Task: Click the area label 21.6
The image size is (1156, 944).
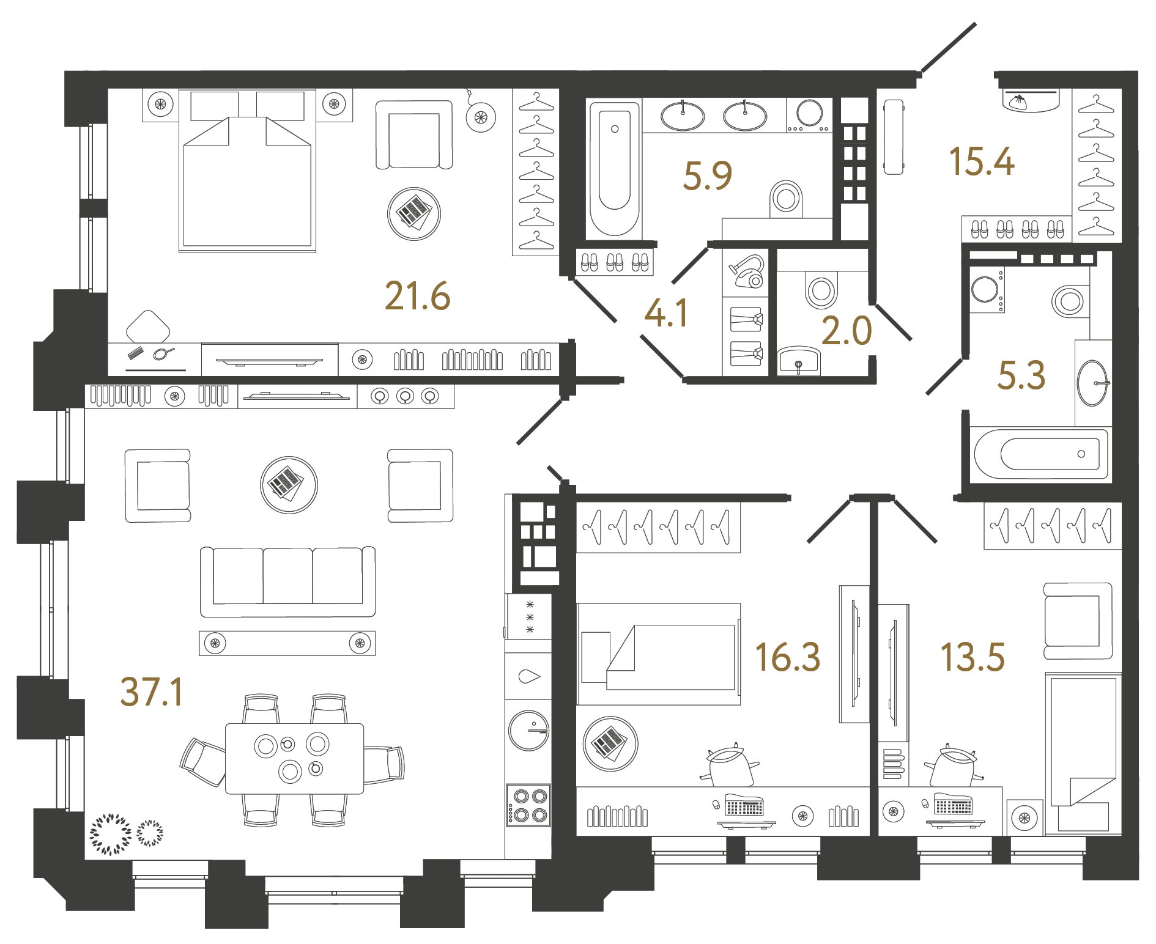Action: [417, 297]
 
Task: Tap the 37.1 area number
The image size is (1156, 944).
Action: [152, 692]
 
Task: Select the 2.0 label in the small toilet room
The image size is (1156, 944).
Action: [847, 331]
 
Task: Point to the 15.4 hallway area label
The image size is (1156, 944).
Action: [981, 162]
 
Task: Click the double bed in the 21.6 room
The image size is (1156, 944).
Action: [247, 177]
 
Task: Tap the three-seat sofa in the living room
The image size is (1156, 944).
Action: [287, 581]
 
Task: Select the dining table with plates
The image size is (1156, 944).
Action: [294, 759]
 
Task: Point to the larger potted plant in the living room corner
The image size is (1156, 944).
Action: [110, 833]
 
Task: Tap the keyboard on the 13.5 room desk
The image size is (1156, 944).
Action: [954, 806]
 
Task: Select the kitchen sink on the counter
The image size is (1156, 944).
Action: [528, 676]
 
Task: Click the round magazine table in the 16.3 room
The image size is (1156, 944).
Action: [610, 743]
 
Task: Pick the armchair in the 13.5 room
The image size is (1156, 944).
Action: [1076, 620]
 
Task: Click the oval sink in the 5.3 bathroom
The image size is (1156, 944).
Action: [1092, 383]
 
